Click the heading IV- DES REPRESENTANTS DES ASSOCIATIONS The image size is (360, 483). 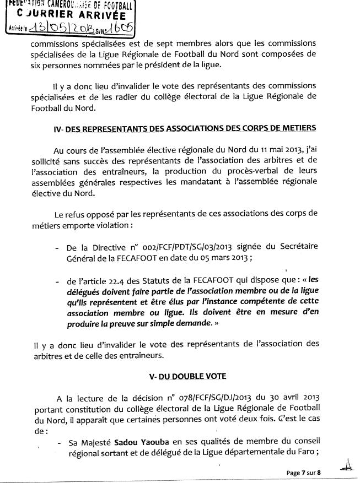(190, 128)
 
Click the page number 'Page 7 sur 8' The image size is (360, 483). (303, 473)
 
